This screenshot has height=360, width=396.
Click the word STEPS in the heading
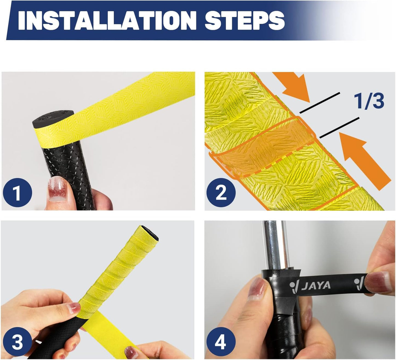[x=244, y=21]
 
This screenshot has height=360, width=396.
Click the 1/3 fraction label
[x=369, y=101]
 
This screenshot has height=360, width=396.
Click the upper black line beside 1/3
[x=320, y=103]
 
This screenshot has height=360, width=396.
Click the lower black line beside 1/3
[x=339, y=128]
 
